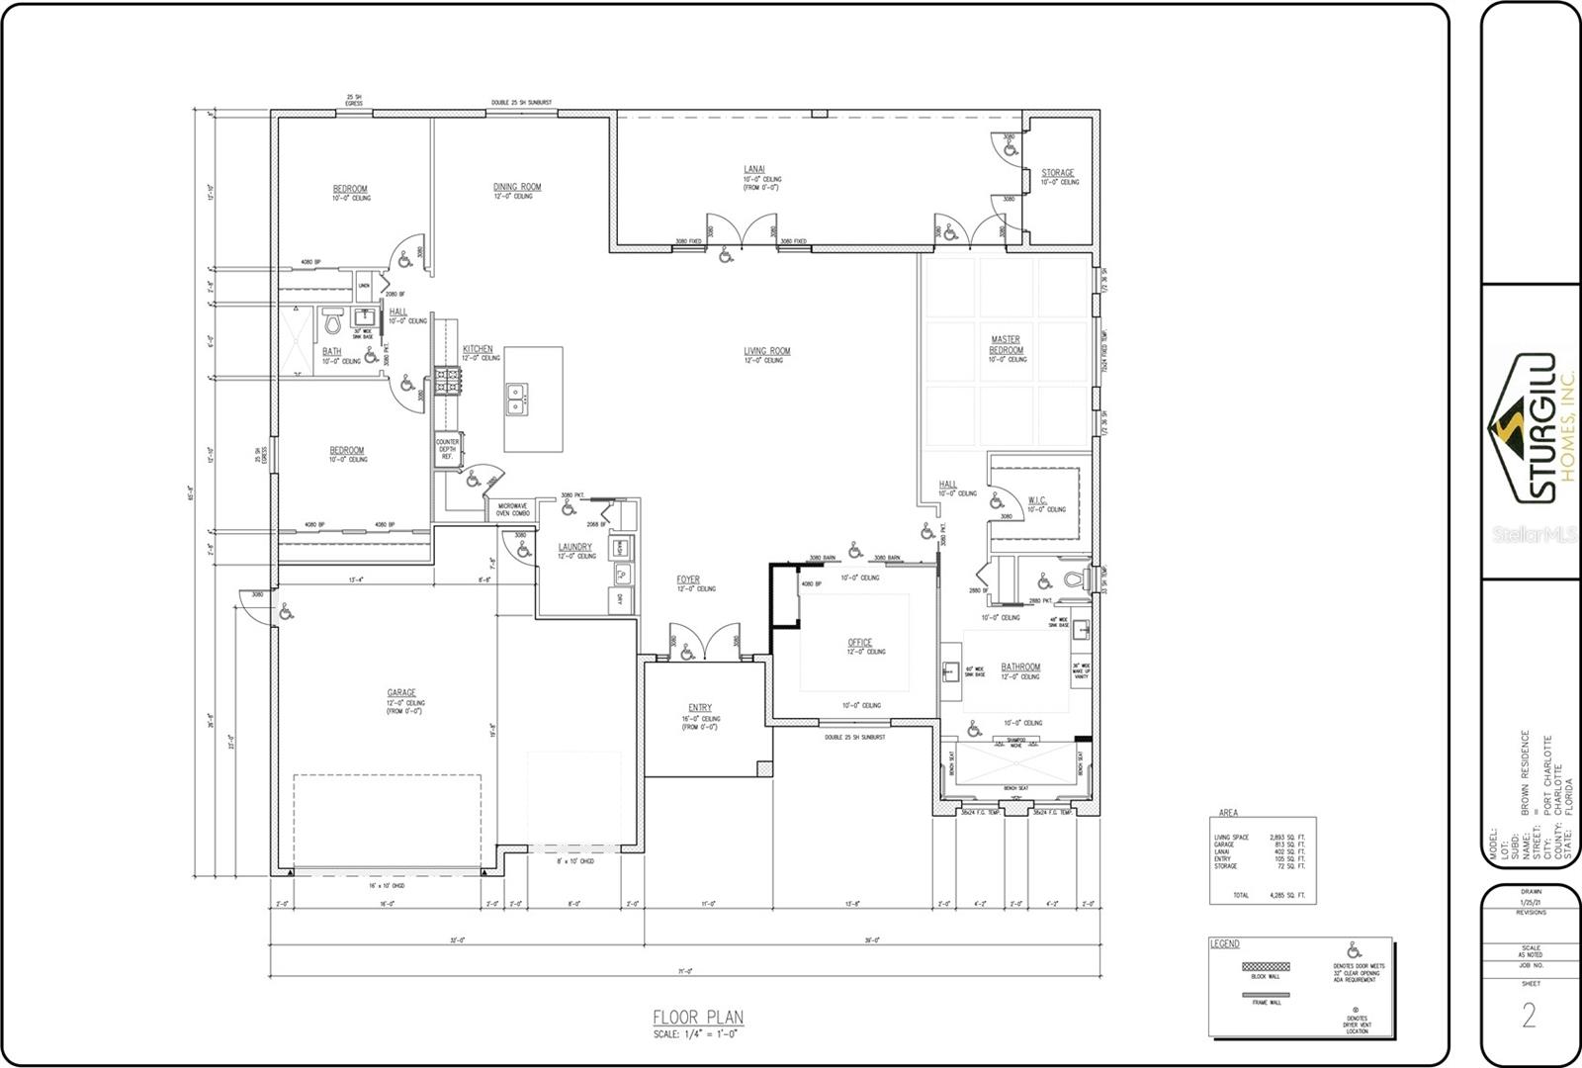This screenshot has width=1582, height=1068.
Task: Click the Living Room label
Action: [766, 351]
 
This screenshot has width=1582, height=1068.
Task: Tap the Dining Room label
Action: [517, 187]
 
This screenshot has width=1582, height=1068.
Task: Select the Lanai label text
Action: [753, 169]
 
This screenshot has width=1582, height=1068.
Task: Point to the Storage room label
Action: [1057, 173]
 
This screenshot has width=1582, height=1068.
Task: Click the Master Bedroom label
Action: [1005, 345]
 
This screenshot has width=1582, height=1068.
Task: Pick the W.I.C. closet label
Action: [1036, 500]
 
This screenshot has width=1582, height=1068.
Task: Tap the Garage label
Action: [400, 692]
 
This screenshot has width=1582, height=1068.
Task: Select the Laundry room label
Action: [574, 547]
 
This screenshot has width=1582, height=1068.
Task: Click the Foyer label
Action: [688, 579]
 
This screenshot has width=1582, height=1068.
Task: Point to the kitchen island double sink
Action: [515, 400]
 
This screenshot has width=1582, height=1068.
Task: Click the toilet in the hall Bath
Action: [332, 321]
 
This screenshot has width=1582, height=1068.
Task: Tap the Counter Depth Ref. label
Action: [447, 449]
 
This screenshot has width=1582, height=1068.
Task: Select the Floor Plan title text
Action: [697, 1017]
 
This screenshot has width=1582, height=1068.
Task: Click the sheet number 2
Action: [1529, 1017]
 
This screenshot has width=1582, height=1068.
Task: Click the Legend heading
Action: [1224, 944]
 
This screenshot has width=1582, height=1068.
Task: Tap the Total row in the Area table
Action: [1260, 895]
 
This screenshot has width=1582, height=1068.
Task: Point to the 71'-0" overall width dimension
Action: [684, 971]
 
